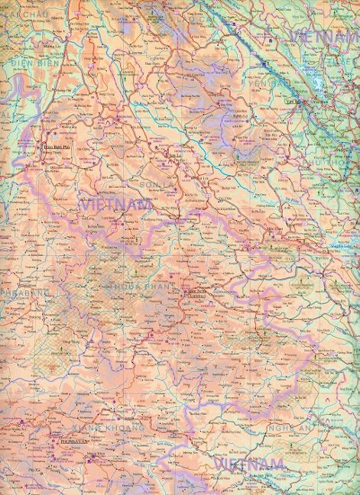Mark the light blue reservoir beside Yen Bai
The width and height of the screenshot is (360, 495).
pyautogui.click(x=321, y=84)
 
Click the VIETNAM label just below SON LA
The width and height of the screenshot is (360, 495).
pyautogui.click(x=115, y=204)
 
